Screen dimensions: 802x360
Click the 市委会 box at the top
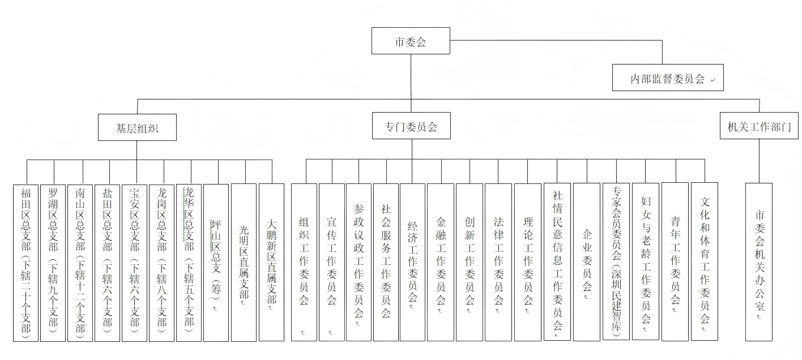(411, 41)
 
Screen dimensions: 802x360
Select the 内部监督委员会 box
(668, 78)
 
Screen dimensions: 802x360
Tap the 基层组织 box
(137, 127)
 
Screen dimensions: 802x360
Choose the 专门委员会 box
(411, 126)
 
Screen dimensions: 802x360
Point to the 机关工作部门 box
(759, 126)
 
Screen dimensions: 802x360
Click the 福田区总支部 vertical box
(26, 263)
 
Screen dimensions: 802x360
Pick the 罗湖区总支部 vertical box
(53, 263)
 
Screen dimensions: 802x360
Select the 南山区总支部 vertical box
(80, 263)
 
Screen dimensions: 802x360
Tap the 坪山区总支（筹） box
(216, 263)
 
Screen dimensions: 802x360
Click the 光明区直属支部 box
(244, 263)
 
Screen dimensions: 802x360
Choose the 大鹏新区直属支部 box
(271, 262)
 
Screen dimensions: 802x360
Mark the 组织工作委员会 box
(304, 262)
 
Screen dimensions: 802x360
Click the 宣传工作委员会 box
(332, 262)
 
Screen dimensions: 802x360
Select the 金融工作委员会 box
(441, 262)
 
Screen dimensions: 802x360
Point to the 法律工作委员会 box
(498, 262)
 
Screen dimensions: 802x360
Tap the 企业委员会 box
(586, 262)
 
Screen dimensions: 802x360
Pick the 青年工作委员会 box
(675, 262)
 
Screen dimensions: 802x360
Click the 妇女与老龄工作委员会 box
(646, 262)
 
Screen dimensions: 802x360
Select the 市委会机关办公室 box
(759, 262)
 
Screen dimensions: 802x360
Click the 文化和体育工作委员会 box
(704, 262)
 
